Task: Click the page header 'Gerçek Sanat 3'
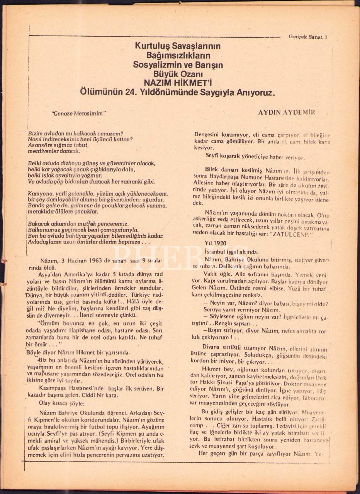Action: tap(308, 37)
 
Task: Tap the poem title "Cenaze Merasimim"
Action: tap(78, 113)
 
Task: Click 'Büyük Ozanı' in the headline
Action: tap(178, 74)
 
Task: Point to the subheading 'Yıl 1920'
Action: tap(216, 243)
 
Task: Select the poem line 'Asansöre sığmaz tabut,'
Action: tap(58, 145)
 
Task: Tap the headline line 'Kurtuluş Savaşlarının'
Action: tap(178, 46)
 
